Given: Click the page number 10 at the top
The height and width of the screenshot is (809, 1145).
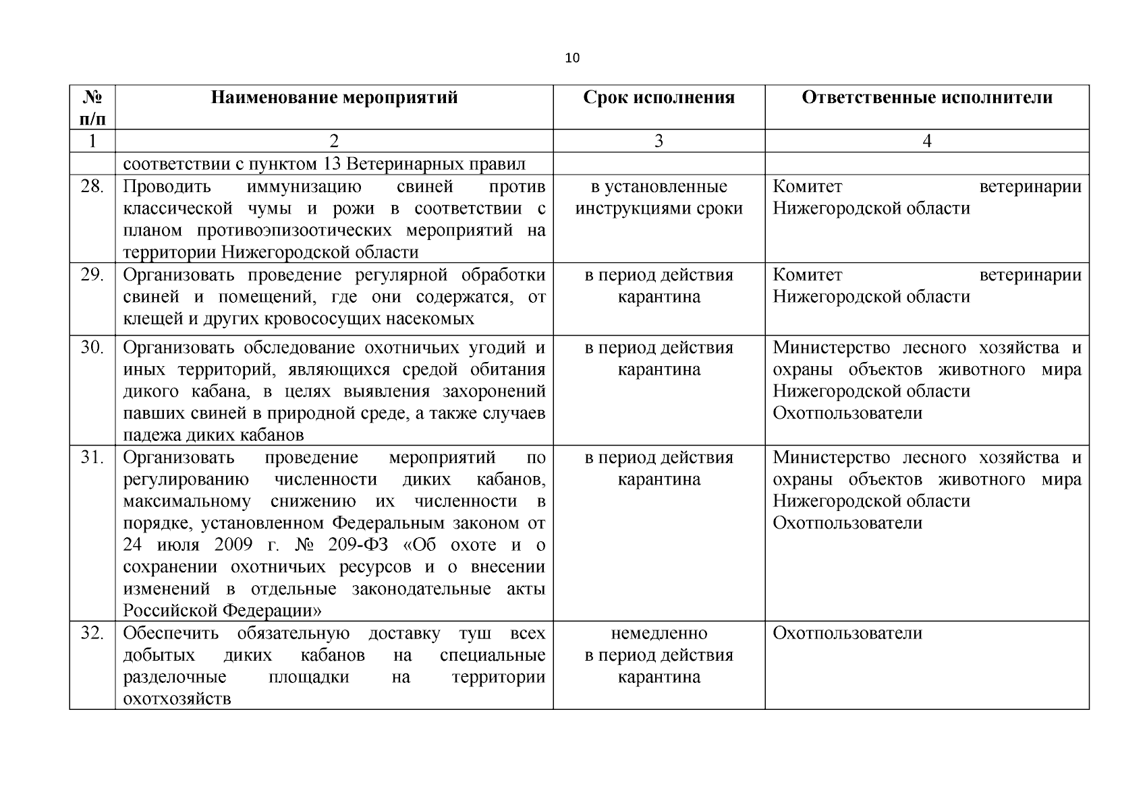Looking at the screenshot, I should (571, 58).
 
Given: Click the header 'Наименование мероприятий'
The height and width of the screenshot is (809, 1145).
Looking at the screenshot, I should (334, 98).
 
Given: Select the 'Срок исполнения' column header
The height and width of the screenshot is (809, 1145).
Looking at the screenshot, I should (659, 98).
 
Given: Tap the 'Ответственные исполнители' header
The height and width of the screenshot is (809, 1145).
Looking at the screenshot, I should (926, 98).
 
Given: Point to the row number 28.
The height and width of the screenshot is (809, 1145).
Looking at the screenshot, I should (92, 187).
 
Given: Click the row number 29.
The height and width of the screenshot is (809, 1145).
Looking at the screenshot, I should (92, 275).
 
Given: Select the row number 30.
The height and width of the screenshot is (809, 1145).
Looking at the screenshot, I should (92, 348).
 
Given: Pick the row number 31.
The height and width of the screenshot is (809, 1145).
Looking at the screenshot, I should (92, 458).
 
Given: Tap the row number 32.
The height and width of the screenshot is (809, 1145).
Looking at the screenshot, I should (92, 634).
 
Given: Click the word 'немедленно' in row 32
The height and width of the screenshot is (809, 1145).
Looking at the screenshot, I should (659, 634).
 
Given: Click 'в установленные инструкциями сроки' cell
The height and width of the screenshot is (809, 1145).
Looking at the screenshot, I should (659, 198).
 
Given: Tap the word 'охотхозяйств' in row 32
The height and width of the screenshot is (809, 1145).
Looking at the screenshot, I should (177, 699).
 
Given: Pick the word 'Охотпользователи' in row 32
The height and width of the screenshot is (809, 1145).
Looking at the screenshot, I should (847, 634).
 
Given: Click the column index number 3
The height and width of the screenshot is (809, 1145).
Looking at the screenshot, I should (659, 141).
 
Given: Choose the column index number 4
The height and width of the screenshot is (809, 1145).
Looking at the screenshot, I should (926, 141).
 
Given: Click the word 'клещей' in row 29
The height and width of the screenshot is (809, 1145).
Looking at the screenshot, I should (148, 319).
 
